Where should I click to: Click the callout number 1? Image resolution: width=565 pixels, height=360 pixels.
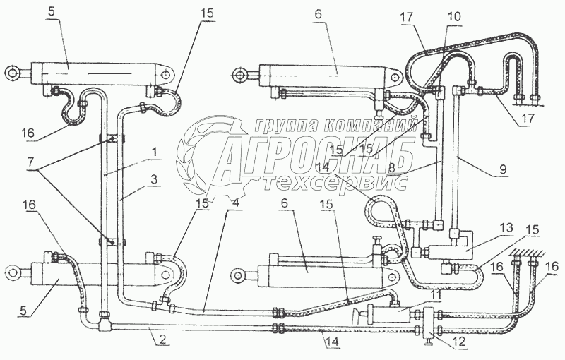click(x=153, y=153)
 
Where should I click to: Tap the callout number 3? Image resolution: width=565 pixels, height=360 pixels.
click(x=154, y=179)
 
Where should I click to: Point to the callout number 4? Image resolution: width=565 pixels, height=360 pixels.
click(x=235, y=203)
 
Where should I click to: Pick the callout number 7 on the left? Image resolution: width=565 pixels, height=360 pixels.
click(x=32, y=162)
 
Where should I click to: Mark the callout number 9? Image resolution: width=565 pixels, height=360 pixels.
click(x=503, y=169)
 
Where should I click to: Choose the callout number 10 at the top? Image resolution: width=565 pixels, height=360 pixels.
click(x=455, y=16)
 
